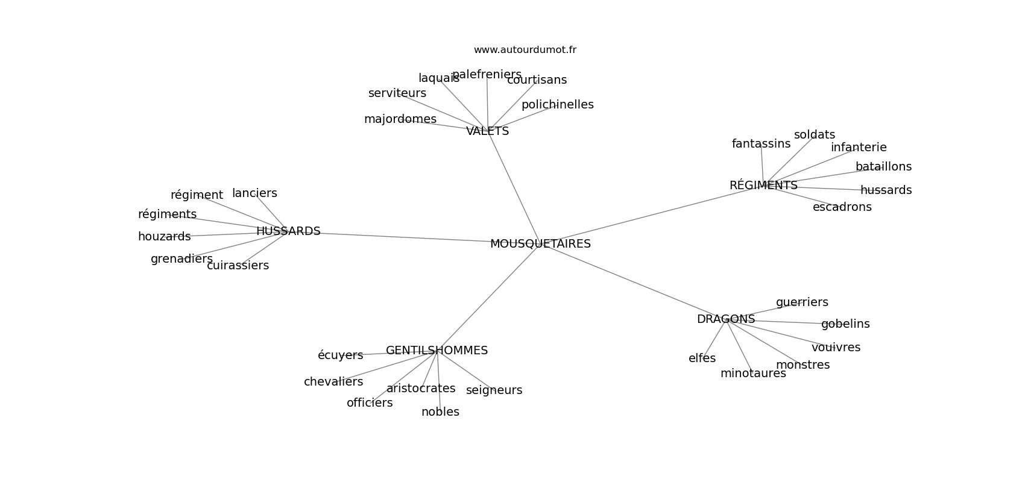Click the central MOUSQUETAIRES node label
(x=540, y=244)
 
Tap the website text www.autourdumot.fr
(x=525, y=50)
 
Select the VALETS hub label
(x=487, y=131)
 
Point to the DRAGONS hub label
(x=726, y=319)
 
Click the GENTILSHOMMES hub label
(x=437, y=350)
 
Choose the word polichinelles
(x=557, y=105)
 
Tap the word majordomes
(x=400, y=119)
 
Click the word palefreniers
(x=487, y=75)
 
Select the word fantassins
(x=761, y=143)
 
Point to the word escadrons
(x=842, y=207)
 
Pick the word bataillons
(x=883, y=167)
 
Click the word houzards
(x=164, y=236)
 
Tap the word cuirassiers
(x=238, y=266)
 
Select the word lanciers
(x=254, y=193)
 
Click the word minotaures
(x=753, y=374)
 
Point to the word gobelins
(x=845, y=324)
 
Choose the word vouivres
(x=836, y=348)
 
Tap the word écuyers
(x=341, y=355)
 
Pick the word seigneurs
(x=494, y=390)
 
